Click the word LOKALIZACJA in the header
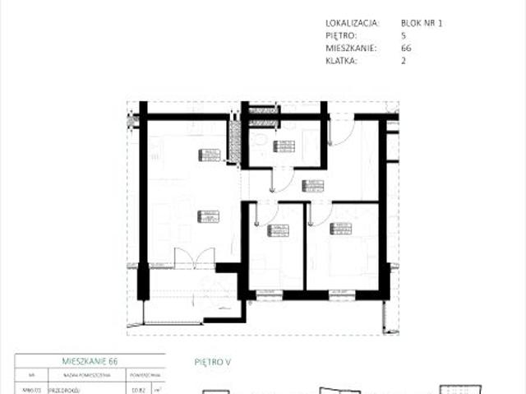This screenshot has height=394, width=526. click(352, 24)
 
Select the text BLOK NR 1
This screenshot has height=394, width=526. click(422, 24)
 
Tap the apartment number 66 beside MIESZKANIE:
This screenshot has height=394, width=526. click(406, 49)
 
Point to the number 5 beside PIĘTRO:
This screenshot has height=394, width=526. click(403, 36)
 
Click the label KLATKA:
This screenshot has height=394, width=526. click(342, 61)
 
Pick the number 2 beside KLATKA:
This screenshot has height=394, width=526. click(404, 61)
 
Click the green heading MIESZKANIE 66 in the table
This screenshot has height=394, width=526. click(90, 361)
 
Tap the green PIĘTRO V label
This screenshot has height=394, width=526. click(213, 361)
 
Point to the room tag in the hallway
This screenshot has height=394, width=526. click(314, 185)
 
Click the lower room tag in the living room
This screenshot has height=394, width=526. click(208, 216)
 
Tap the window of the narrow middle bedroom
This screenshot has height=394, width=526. click(268, 293)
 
